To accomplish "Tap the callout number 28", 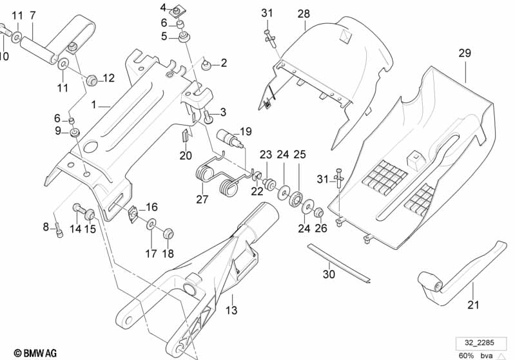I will [304, 14].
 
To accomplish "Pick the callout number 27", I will [202, 199].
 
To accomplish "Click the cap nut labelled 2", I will [208, 64].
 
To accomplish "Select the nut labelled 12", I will [92, 80].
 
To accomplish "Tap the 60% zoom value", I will [467, 355].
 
